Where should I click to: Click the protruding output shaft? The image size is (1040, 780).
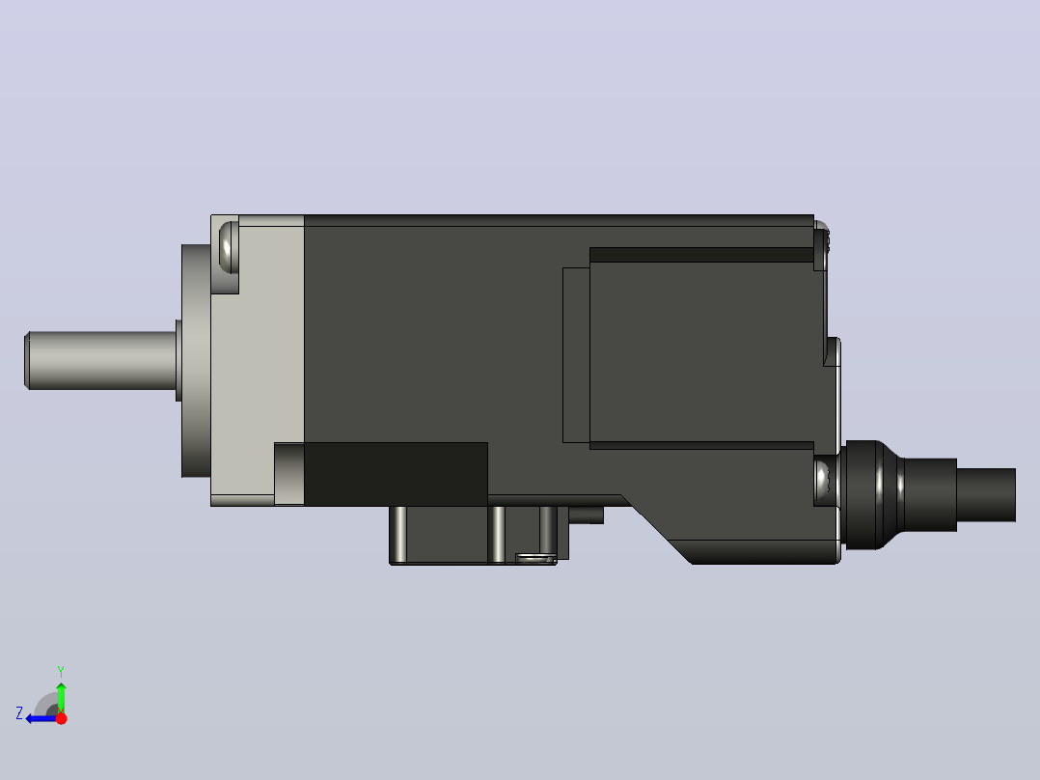pyautogui.click(x=100, y=360)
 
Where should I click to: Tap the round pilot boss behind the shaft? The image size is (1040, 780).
pyautogui.click(x=196, y=361)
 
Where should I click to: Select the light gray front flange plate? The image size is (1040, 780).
pyautogui.click(x=258, y=360)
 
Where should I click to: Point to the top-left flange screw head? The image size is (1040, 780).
pyautogui.click(x=228, y=246)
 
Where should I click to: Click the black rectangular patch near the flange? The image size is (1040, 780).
pyautogui.click(x=396, y=474)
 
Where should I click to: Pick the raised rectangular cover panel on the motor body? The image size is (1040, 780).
pyautogui.click(x=701, y=348)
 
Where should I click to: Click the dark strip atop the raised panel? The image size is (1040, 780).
pyautogui.click(x=701, y=255)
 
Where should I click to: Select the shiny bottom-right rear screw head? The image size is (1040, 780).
pyautogui.click(x=823, y=481)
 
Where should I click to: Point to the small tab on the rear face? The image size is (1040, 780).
pyautogui.click(x=833, y=351)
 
